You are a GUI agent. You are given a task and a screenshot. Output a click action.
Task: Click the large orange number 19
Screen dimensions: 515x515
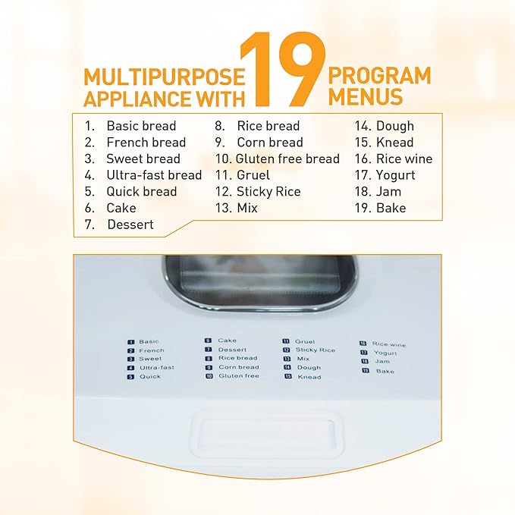(x=282, y=70)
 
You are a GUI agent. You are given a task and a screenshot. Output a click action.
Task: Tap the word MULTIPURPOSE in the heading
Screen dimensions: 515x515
(x=165, y=77)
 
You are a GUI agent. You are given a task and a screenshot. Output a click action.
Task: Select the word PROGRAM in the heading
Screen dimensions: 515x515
(x=379, y=76)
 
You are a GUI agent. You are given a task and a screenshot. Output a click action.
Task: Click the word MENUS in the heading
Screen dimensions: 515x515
(x=366, y=96)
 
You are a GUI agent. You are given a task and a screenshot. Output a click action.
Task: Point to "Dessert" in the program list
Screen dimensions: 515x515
(x=130, y=225)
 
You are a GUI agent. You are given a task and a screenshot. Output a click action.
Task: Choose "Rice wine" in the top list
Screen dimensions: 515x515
(x=404, y=159)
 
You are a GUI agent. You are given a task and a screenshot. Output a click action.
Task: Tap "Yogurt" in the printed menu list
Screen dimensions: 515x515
(x=395, y=175)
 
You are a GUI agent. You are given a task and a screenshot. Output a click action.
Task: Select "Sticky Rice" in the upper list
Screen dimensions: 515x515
(x=268, y=191)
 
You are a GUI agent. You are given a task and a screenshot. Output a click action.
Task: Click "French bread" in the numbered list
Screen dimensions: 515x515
(x=146, y=143)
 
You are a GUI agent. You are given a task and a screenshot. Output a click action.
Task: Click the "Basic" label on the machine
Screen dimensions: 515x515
(x=149, y=341)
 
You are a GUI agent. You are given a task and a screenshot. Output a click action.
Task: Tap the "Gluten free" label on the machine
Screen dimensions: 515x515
(x=239, y=375)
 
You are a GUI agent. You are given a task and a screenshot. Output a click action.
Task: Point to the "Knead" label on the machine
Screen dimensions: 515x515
(x=309, y=377)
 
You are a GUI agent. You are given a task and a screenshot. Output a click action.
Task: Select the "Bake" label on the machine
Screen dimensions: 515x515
(x=385, y=371)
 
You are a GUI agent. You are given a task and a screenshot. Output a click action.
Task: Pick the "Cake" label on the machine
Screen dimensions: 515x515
(x=227, y=341)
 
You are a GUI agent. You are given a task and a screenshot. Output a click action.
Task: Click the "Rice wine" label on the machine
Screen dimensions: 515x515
(x=389, y=344)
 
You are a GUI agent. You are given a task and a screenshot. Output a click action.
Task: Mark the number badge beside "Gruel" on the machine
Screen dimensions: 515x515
(x=286, y=341)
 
